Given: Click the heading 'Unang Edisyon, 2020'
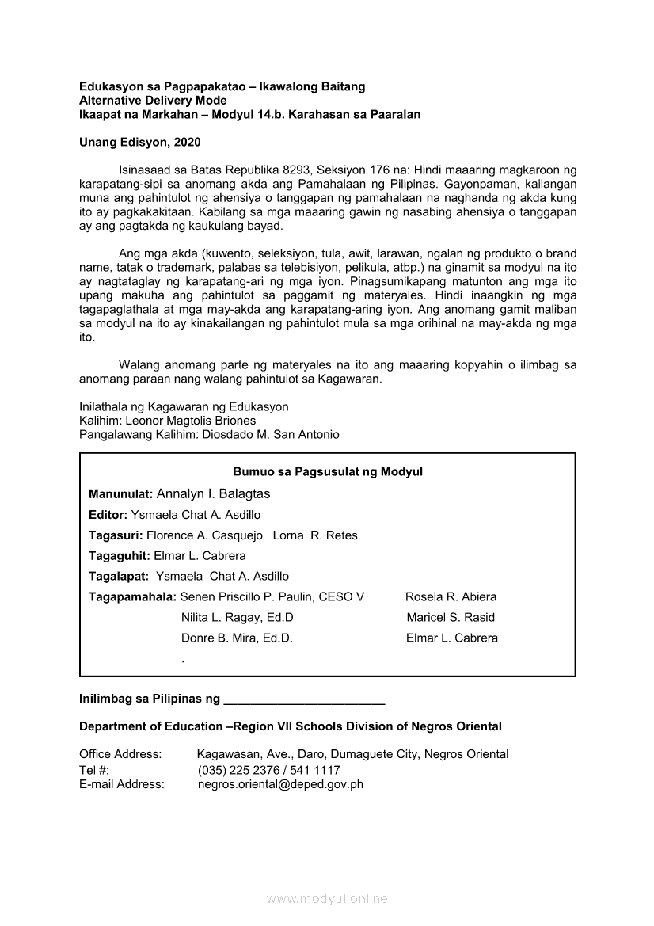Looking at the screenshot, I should point(140,143).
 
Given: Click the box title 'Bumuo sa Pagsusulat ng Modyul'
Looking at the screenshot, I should point(328,472).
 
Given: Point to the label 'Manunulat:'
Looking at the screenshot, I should point(121,494).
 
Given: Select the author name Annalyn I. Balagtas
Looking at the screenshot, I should point(214,494).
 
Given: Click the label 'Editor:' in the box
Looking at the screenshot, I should point(108,515).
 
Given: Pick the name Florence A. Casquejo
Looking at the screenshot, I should point(204,535).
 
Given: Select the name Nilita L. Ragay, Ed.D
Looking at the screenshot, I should point(238,618).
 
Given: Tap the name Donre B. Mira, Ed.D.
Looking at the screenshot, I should point(237,638).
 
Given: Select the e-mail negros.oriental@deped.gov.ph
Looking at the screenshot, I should point(280,784).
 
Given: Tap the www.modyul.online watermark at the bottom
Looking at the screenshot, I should point(327,899).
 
